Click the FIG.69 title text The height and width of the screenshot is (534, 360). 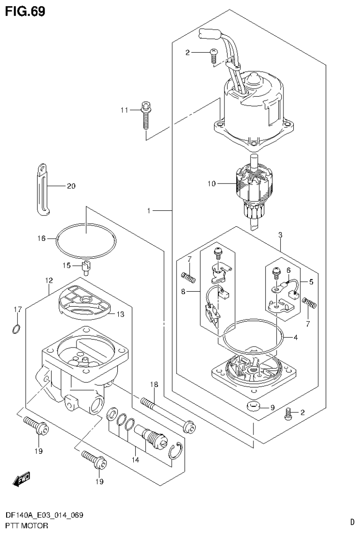pyautogui.click(x=25, y=12)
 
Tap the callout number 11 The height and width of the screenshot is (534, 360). pyautogui.click(x=124, y=110)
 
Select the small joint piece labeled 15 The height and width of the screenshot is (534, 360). pyautogui.click(x=86, y=268)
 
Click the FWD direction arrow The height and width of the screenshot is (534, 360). pyautogui.click(x=22, y=480)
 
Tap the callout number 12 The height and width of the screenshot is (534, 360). pyautogui.click(x=48, y=280)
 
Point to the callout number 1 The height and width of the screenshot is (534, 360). pyautogui.click(x=149, y=211)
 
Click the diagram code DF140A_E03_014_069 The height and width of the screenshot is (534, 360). pyautogui.click(x=45, y=516)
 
